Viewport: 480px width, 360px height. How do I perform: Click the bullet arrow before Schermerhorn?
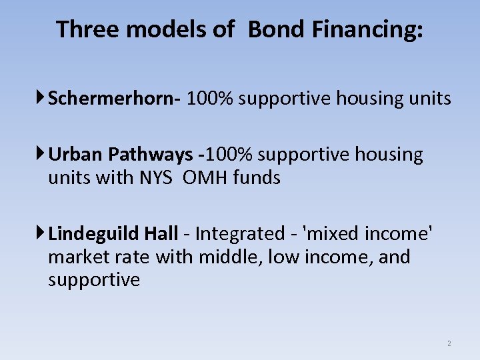click(x=41, y=99)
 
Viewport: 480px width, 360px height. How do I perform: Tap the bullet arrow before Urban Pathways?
click(x=41, y=155)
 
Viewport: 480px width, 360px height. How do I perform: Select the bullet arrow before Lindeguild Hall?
click(x=41, y=233)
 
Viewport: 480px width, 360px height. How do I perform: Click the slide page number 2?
click(x=449, y=344)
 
